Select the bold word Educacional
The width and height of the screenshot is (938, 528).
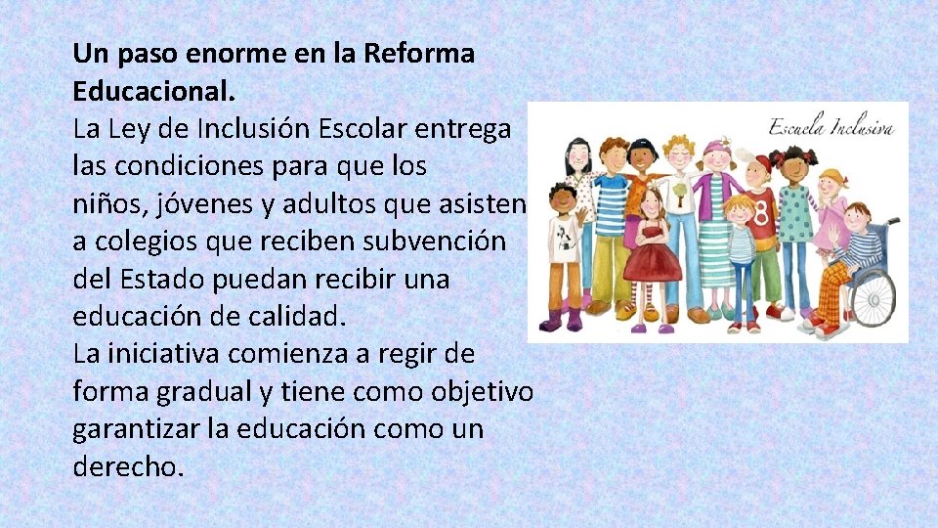pos(154,91)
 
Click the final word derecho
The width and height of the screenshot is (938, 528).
pos(127,466)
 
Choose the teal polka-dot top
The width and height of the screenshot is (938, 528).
pos(794,210)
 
